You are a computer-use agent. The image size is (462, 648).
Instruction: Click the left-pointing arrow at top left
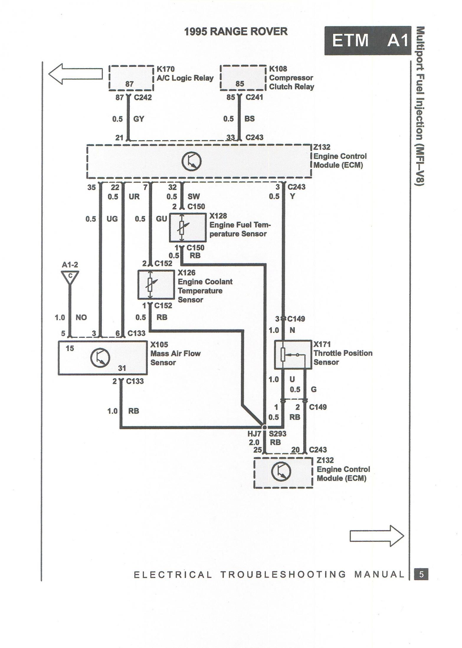[x=75, y=74]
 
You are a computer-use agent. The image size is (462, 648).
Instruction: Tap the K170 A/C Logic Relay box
[x=131, y=78]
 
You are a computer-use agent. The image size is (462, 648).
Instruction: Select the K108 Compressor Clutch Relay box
[x=243, y=78]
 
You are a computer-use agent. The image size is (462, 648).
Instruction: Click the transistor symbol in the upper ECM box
[x=191, y=162]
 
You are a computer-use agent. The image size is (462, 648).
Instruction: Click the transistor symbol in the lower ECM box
[x=281, y=471]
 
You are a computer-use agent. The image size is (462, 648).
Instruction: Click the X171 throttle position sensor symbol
[x=293, y=354]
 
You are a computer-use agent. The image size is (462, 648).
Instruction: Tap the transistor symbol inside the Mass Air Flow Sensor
[x=100, y=358]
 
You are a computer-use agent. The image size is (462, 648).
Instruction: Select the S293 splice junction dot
[x=264, y=427]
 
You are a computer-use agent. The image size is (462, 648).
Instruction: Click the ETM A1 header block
[x=367, y=40]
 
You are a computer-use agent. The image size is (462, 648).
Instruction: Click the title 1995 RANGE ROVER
[x=236, y=31]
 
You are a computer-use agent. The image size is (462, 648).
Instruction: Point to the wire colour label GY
[x=139, y=119]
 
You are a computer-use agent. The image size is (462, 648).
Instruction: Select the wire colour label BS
[x=249, y=119]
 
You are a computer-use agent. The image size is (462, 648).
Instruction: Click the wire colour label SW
[x=194, y=196]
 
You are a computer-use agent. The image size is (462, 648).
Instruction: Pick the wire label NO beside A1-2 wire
[x=81, y=317]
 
